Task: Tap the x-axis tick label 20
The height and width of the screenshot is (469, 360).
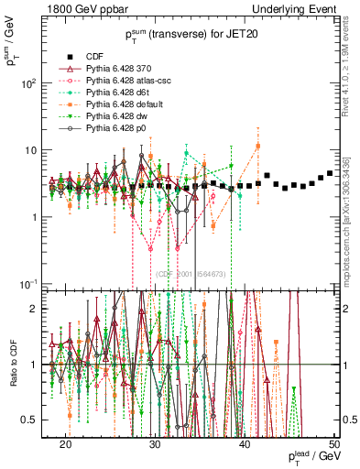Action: [x=66, y=443]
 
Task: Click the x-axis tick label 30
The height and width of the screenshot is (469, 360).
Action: [x=156, y=443]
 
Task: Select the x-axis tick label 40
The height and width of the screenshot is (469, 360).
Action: [x=245, y=443]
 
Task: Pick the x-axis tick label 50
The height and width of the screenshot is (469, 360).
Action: [x=334, y=443]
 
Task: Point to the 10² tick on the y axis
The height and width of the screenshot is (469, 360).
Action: [x=31, y=84]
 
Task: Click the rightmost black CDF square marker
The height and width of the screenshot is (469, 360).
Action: [x=330, y=173]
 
